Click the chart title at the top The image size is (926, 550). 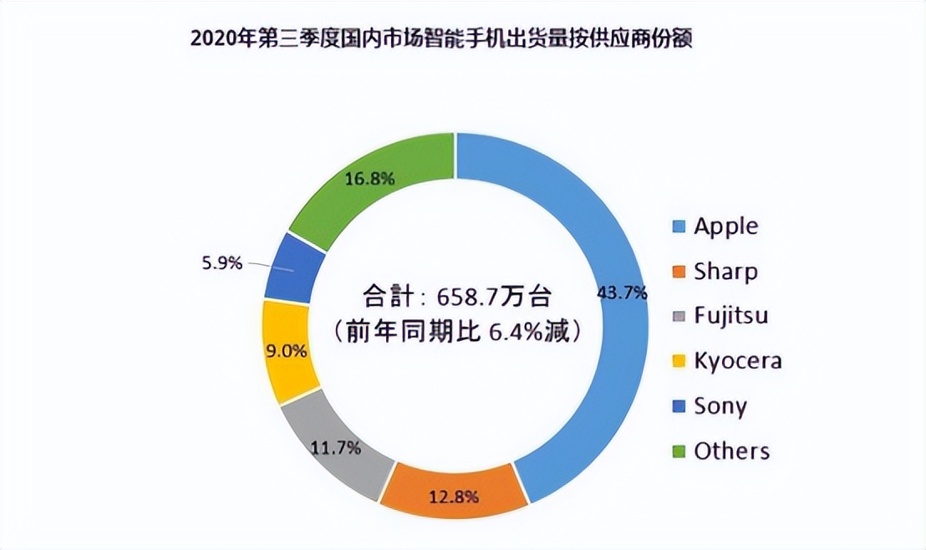pyautogui.click(x=441, y=38)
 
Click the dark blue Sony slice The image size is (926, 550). pyautogui.click(x=293, y=267)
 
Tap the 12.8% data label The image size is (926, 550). pyautogui.click(x=454, y=497)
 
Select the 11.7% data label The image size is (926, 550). pyautogui.click(x=336, y=449)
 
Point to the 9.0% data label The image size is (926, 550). pyautogui.click(x=287, y=352)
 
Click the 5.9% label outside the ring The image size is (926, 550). pyautogui.click(x=221, y=263)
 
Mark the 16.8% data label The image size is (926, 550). pyautogui.click(x=369, y=178)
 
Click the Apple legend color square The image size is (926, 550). pyautogui.click(x=679, y=227)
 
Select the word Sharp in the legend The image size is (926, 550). pyautogui.click(x=726, y=272)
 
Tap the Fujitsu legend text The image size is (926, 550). pyautogui.click(x=731, y=316)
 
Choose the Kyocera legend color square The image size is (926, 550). pyautogui.click(x=679, y=361)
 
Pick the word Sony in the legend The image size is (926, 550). pyautogui.click(x=720, y=406)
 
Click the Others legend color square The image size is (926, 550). pyautogui.click(x=679, y=451)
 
